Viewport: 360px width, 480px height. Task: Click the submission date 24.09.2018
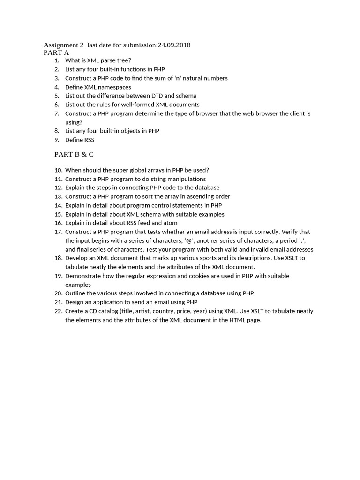click(x=173, y=45)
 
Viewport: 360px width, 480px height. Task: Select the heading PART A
click(x=56, y=52)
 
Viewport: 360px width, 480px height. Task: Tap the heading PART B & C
click(x=74, y=154)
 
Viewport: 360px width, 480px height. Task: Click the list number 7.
click(x=57, y=113)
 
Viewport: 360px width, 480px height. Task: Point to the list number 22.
click(x=59, y=311)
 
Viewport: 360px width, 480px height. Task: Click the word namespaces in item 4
click(x=115, y=87)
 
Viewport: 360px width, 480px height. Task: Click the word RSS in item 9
click(x=89, y=140)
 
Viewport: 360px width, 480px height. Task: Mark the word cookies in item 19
click(x=198, y=276)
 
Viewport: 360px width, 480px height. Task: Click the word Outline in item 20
click(x=75, y=293)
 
